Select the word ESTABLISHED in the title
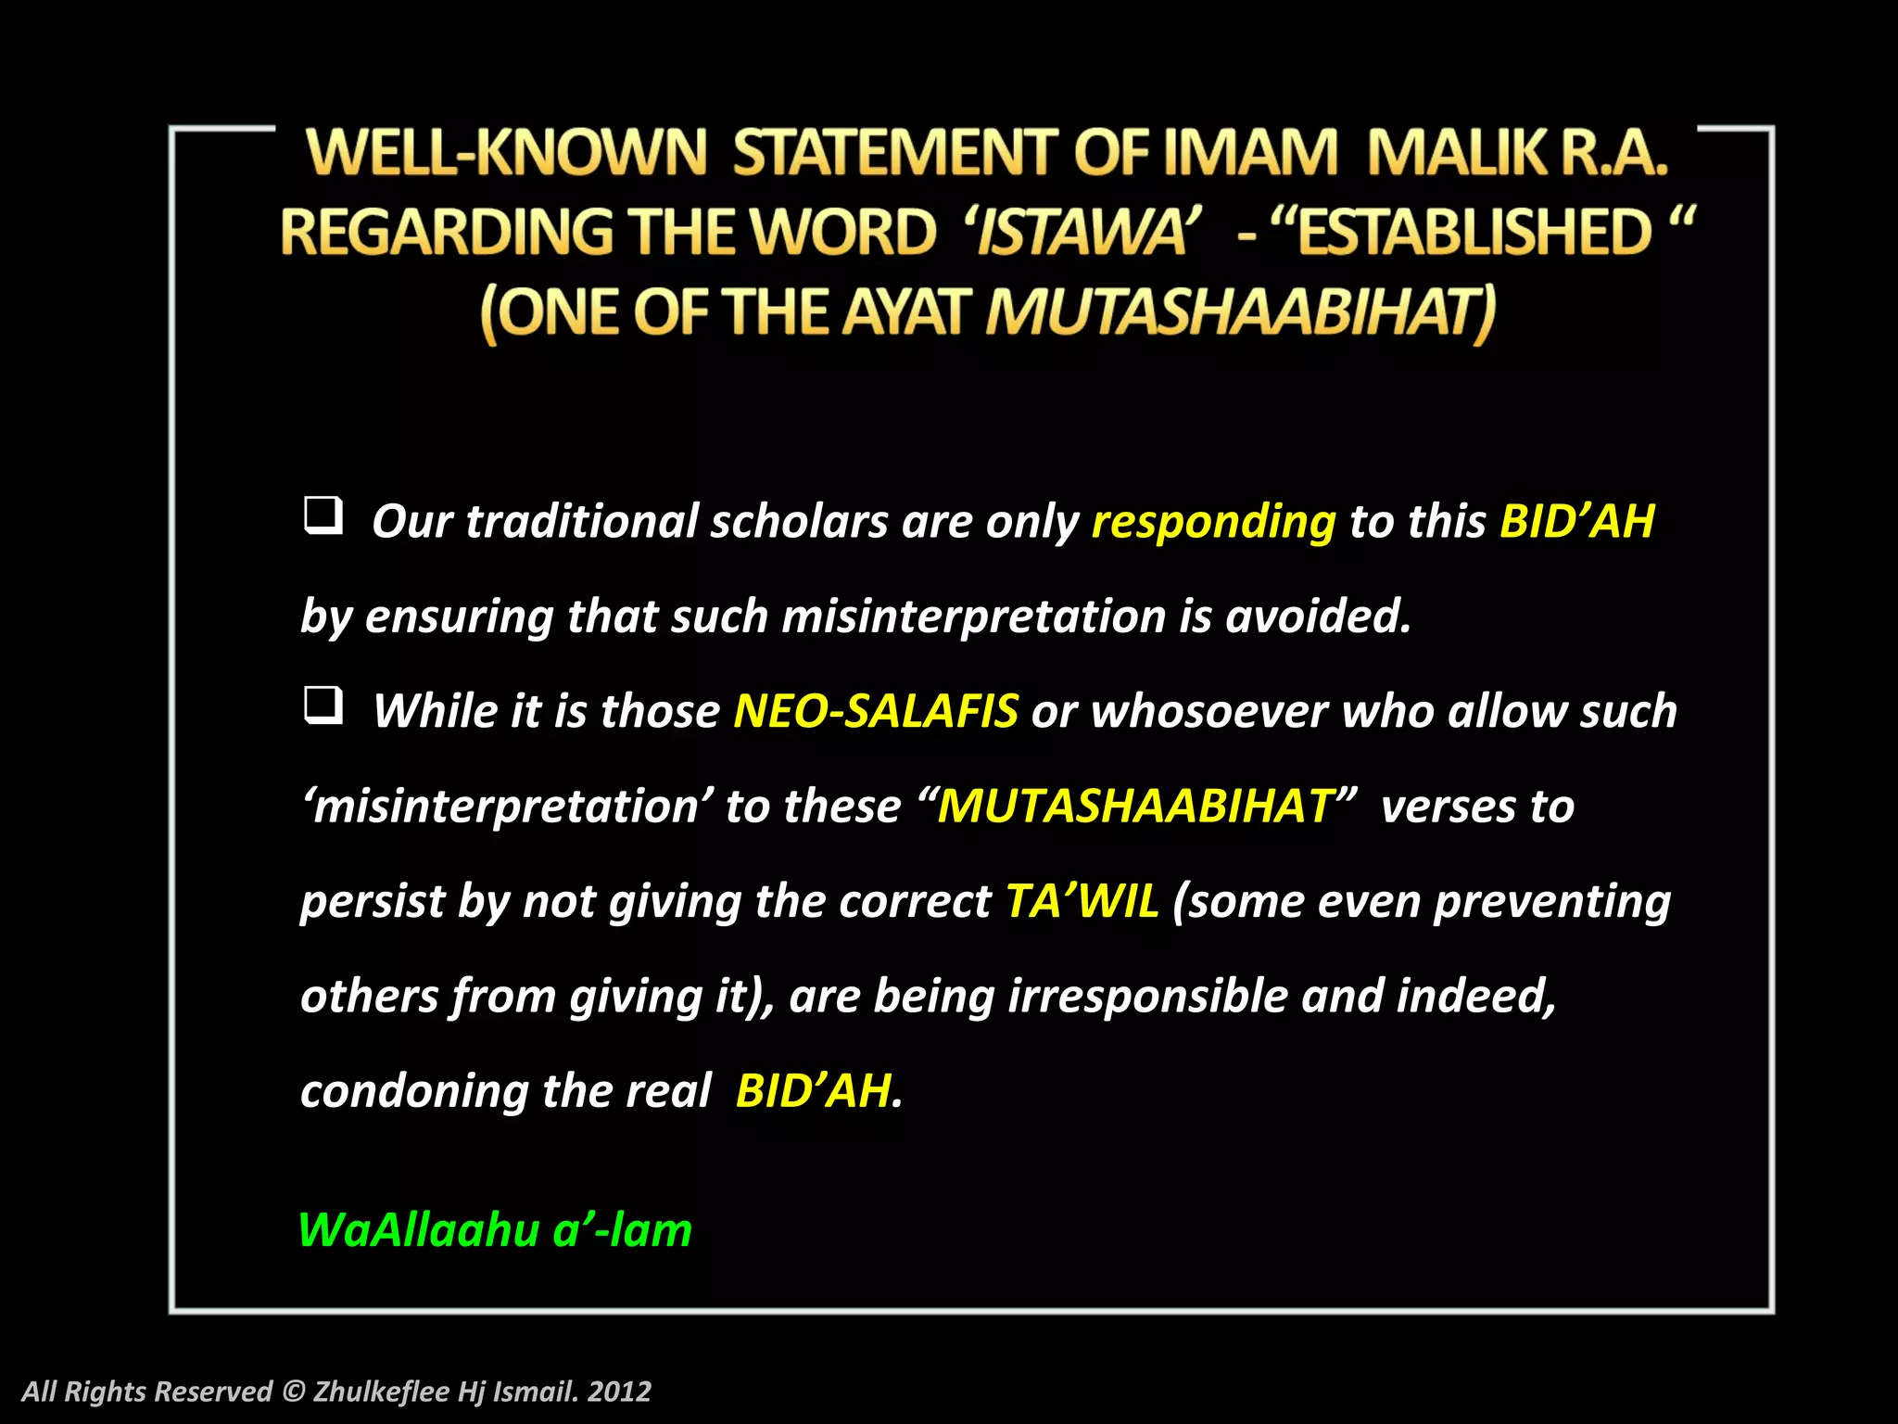[1474, 232]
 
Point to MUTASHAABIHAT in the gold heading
[1240, 312]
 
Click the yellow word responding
[1213, 522]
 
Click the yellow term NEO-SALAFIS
[876, 712]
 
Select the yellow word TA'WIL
[1082, 901]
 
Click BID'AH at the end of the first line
[1576, 522]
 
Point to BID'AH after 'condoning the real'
[814, 1091]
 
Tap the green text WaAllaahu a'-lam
[495, 1231]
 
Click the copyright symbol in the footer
[293, 1392]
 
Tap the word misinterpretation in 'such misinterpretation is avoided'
[973, 617]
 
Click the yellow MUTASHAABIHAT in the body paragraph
[1136, 807]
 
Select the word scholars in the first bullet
[799, 522]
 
